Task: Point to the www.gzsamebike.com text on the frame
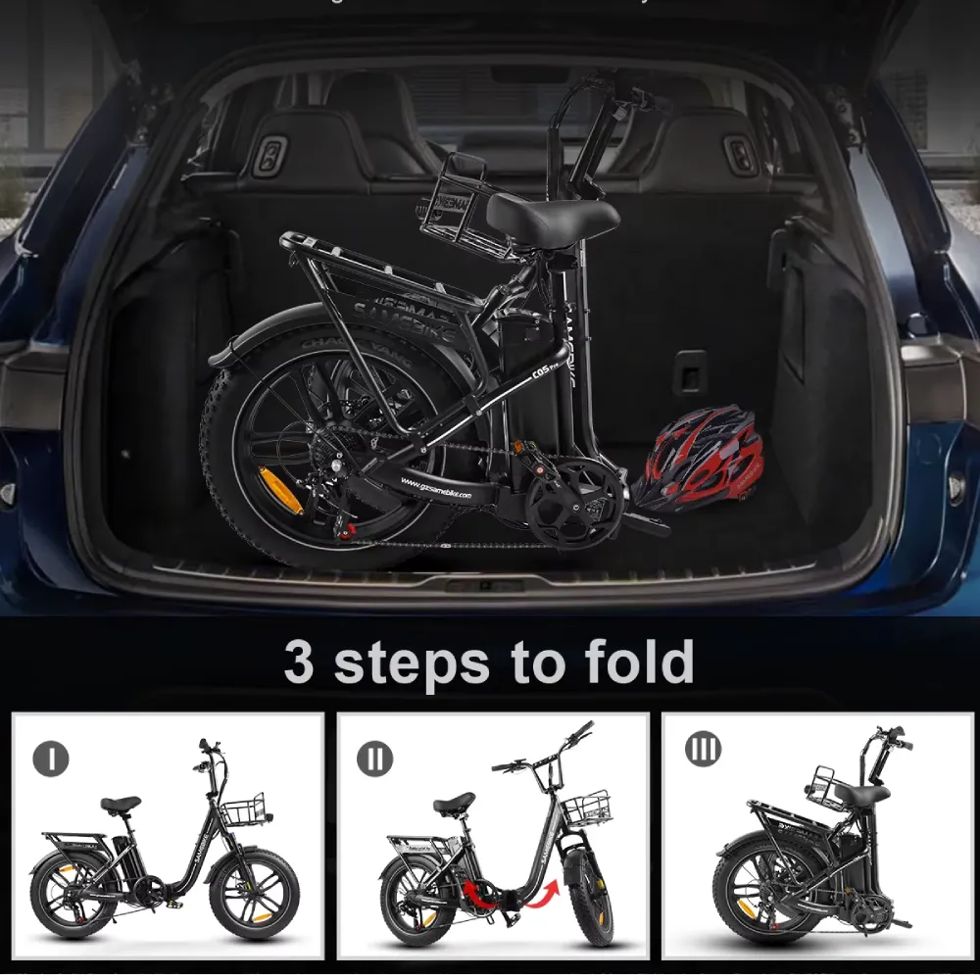pos(437,489)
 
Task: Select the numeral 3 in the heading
pos(300,662)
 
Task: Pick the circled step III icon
pos(703,750)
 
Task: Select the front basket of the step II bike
pos(588,809)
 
